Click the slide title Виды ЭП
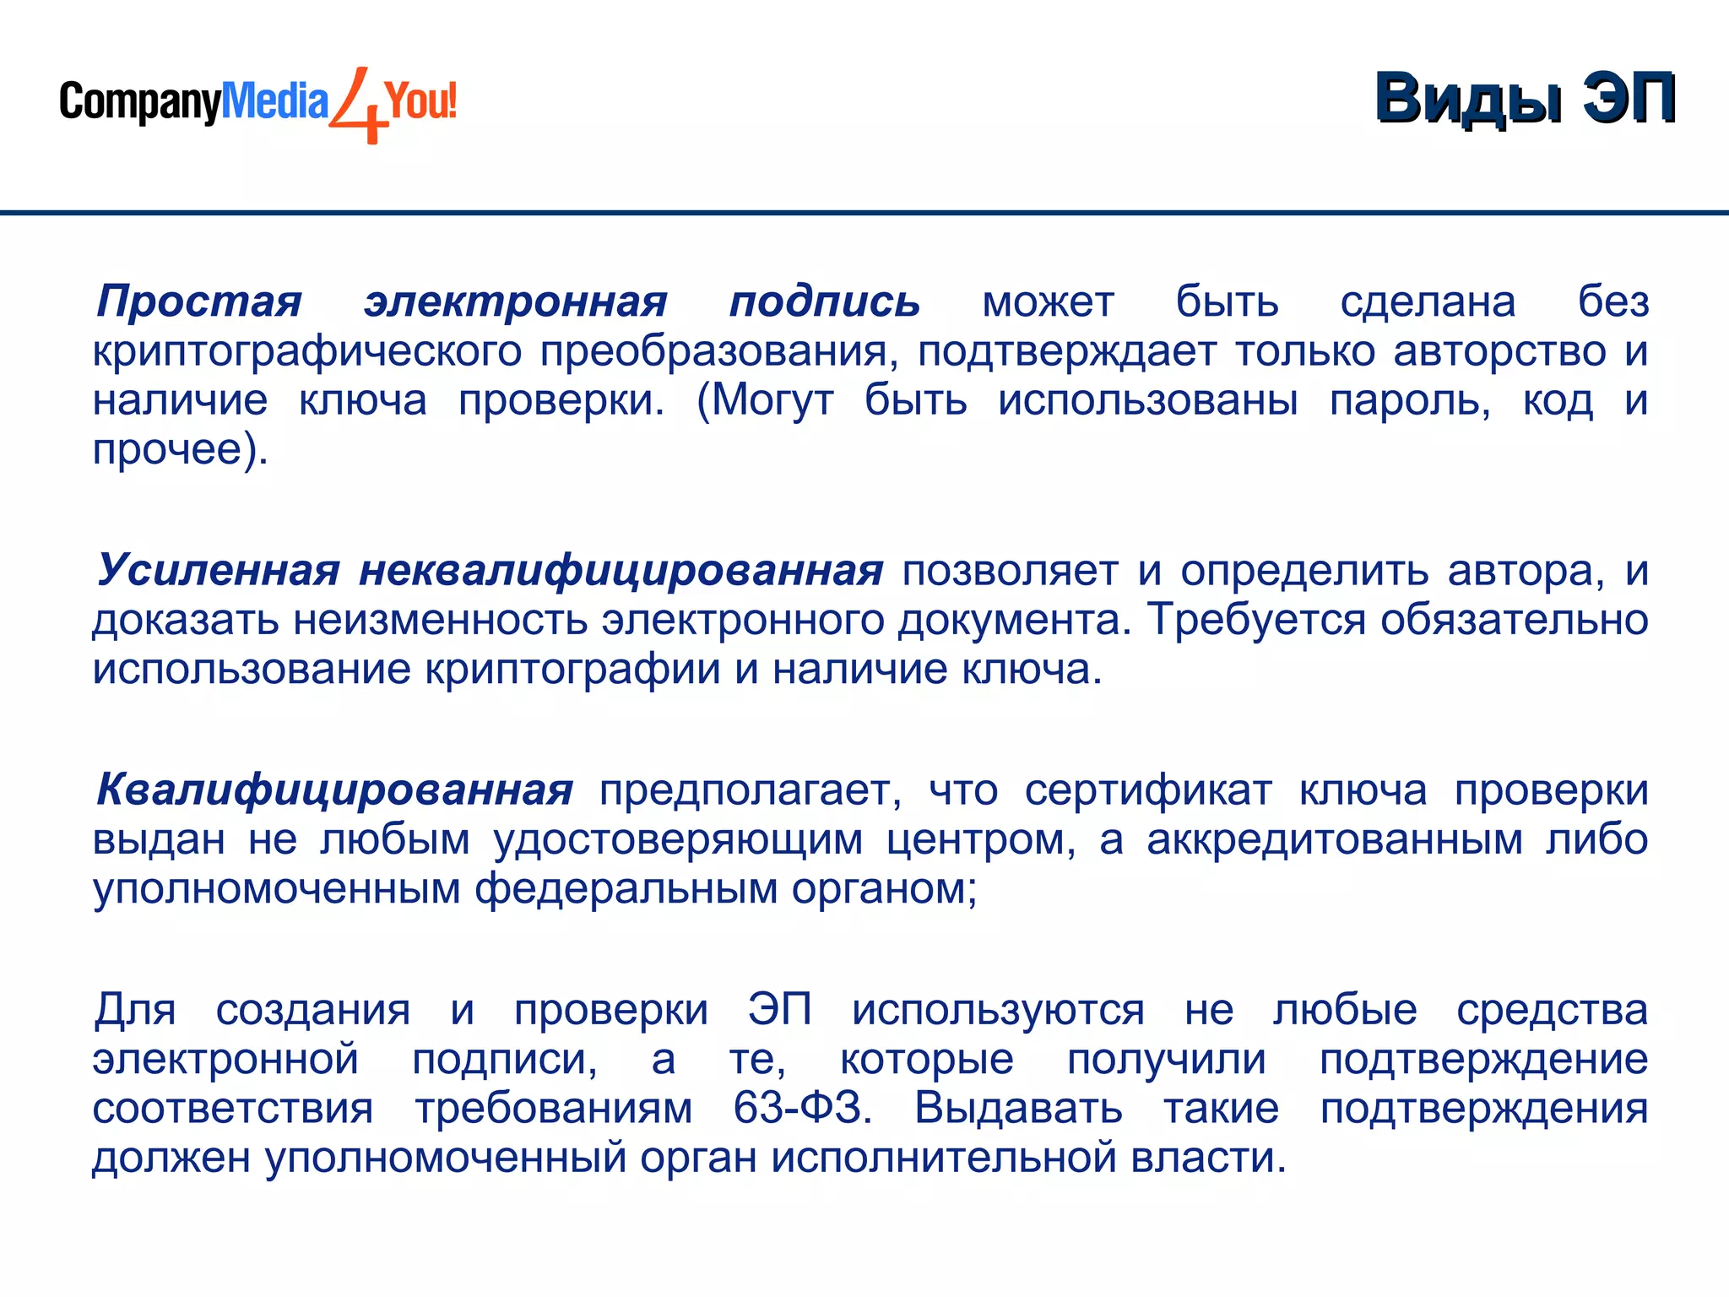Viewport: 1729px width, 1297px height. (1525, 99)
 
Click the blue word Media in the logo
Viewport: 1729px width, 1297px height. (274, 101)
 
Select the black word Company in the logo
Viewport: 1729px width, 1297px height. (139, 103)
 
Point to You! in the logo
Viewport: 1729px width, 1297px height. (421, 101)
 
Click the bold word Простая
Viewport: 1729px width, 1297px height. (199, 301)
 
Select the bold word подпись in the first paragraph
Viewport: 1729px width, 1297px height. (824, 301)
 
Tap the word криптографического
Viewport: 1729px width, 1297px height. (307, 350)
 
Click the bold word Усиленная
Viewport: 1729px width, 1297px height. (218, 570)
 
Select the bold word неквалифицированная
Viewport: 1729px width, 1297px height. (621, 570)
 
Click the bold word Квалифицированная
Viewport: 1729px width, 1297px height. (334, 790)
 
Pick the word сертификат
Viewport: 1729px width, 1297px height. (1147, 790)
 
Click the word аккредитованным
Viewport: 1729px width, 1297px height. (1334, 839)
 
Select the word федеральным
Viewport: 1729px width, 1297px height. (625, 888)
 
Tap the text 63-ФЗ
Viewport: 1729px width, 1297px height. (802, 1108)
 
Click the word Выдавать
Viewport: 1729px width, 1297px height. (1018, 1108)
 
